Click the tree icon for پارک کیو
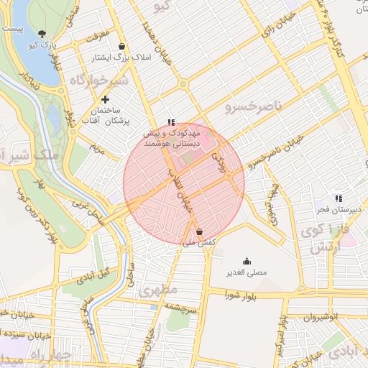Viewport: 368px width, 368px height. pyautogui.click(x=42, y=34)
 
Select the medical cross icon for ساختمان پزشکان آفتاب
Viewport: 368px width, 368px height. pyautogui.click(x=106, y=99)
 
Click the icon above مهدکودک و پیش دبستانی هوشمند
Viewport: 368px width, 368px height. pyautogui.click(x=170, y=123)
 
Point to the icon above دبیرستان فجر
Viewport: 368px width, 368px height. pyautogui.click(x=338, y=198)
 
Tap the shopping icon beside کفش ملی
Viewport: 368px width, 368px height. pyautogui.click(x=199, y=231)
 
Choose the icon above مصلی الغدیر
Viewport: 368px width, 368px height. pyautogui.click(x=247, y=261)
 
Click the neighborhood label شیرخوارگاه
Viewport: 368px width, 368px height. pyautogui.click(x=98, y=80)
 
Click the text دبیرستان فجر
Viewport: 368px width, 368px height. pyautogui.click(x=335, y=210)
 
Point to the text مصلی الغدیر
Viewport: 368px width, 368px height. pyautogui.click(x=247, y=272)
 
